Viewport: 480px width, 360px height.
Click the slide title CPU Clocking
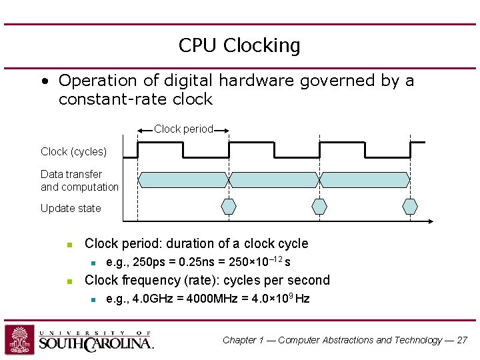pyautogui.click(x=239, y=46)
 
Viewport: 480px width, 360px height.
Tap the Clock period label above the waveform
pyautogui.click(x=183, y=129)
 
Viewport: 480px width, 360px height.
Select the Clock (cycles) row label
pyautogui.click(x=73, y=152)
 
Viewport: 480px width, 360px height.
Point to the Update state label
pyautogui.click(x=71, y=209)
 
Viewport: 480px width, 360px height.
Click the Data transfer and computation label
pyautogui.click(x=79, y=181)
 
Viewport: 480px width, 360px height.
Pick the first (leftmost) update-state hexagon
pyautogui.click(x=229, y=206)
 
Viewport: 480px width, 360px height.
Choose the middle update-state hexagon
pyautogui.click(x=320, y=206)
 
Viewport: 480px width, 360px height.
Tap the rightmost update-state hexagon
pyautogui.click(x=411, y=206)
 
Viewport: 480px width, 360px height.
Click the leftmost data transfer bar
pyautogui.click(x=183, y=179)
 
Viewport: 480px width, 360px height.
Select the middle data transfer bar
pyautogui.click(x=274, y=179)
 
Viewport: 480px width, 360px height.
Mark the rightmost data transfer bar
pyautogui.click(x=365, y=179)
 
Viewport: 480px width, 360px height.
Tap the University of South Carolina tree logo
pyautogui.click(x=20, y=339)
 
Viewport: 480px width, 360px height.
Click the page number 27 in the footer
pyautogui.click(x=462, y=340)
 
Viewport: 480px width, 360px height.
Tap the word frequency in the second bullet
pyautogui.click(x=150, y=280)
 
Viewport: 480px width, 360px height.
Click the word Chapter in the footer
pyautogui.click(x=240, y=340)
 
